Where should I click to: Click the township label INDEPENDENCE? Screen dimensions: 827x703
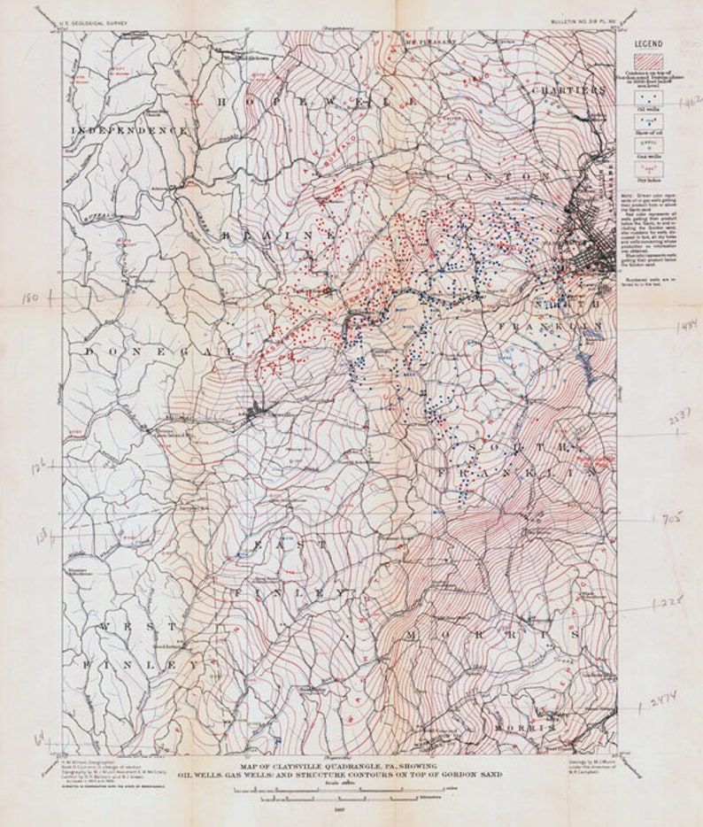130,130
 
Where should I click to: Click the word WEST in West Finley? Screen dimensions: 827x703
138,626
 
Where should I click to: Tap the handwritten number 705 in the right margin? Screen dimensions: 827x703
672,521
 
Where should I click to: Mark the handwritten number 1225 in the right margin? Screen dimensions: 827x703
671,602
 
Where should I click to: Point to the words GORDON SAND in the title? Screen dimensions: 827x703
474,774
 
